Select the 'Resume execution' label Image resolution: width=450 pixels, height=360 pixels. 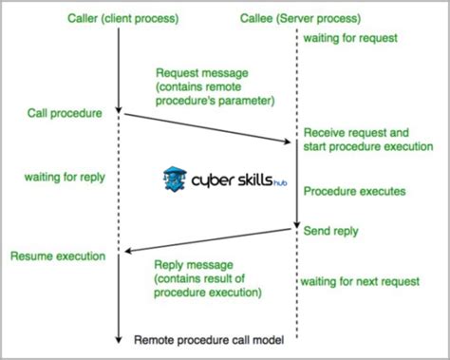point(56,256)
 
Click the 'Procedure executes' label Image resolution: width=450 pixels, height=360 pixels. point(354,192)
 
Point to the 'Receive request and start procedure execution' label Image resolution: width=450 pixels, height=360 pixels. point(367,140)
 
